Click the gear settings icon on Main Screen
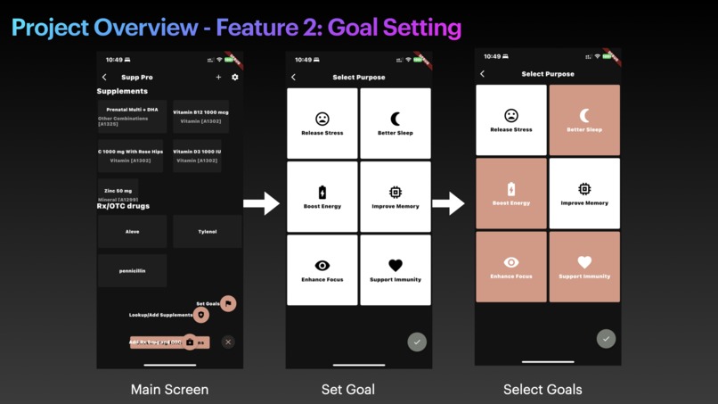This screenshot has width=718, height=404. [235, 78]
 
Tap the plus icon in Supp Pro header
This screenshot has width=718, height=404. [218, 78]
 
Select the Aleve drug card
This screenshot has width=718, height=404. [132, 231]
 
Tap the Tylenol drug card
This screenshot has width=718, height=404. [207, 231]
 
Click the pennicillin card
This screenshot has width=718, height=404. [132, 270]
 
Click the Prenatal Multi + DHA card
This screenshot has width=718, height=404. [133, 116]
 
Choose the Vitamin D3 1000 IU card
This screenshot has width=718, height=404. [197, 156]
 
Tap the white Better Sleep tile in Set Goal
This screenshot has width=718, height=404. [396, 123]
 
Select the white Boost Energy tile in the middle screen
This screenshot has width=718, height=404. [322, 196]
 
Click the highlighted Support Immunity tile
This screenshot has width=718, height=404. [584, 267]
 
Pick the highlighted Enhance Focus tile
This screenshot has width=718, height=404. [511, 267]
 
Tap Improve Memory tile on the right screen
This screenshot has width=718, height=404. [584, 194]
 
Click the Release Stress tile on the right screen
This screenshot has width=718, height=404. [511, 120]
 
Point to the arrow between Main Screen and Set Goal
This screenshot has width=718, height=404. [261, 203]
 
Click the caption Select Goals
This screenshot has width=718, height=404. [543, 389]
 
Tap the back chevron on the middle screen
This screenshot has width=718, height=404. [294, 78]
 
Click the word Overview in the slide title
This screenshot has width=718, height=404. [145, 27]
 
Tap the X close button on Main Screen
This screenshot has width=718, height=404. [228, 342]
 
